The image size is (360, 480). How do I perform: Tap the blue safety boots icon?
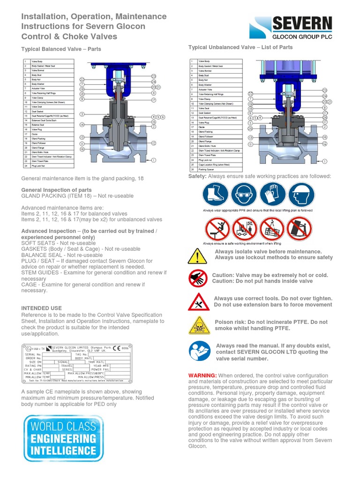point(216,195)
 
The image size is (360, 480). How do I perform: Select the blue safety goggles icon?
point(244,195)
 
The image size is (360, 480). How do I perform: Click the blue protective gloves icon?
point(272,195)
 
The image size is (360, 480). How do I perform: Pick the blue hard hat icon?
point(300,195)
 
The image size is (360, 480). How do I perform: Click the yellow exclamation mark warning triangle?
point(198,256)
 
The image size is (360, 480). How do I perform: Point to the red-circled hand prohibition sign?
point(198,278)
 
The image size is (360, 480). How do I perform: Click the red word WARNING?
point(202,376)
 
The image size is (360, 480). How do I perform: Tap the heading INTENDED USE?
point(42,308)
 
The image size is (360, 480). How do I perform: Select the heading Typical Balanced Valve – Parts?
point(61,49)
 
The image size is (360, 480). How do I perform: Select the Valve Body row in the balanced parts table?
point(48,62)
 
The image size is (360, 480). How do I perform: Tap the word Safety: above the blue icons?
point(197,176)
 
